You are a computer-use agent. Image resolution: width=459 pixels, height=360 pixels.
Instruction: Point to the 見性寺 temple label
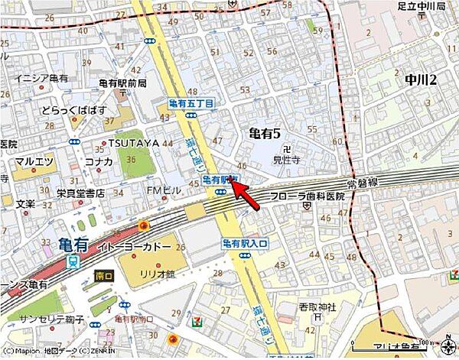tap(286, 161)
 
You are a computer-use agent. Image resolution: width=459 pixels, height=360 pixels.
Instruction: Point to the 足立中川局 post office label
tap(428, 6)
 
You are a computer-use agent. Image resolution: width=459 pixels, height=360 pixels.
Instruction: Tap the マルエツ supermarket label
tap(33, 162)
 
